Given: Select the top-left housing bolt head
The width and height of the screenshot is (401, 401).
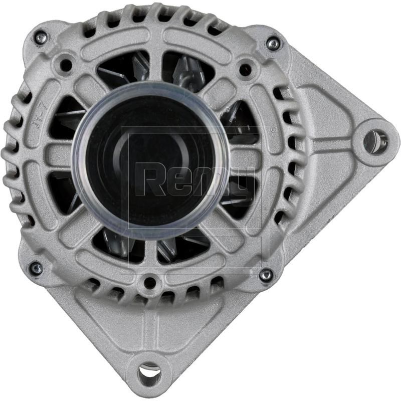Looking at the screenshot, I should pos(41,36).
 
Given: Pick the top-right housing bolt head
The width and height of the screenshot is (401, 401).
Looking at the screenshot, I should pos(273,44).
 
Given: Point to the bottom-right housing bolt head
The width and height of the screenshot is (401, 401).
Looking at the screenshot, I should pos(266,274).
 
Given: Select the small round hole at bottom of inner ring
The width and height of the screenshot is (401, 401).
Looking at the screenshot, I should pos(149,283).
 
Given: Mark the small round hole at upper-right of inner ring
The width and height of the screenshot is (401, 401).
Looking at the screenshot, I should pos(245,67).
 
